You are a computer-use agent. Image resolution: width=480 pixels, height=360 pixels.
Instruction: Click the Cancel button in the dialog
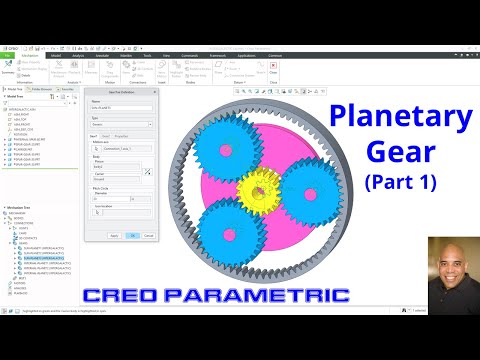coord(149,235)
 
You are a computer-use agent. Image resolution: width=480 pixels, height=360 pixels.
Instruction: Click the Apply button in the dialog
coord(115,235)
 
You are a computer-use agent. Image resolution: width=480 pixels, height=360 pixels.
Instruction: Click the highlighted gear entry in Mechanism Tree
coord(44,258)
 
